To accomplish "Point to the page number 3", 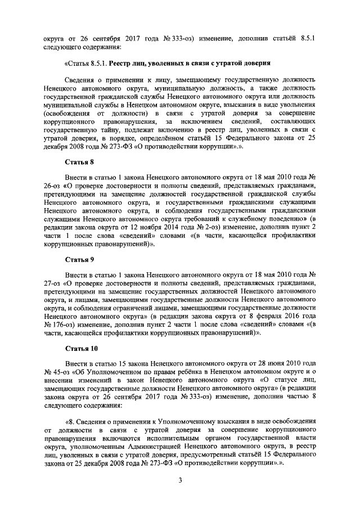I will (x=179, y=480).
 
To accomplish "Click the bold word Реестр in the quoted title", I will (x=123, y=64).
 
